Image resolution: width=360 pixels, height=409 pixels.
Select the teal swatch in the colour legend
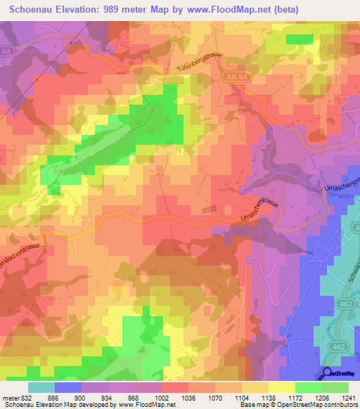(x=41, y=387)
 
